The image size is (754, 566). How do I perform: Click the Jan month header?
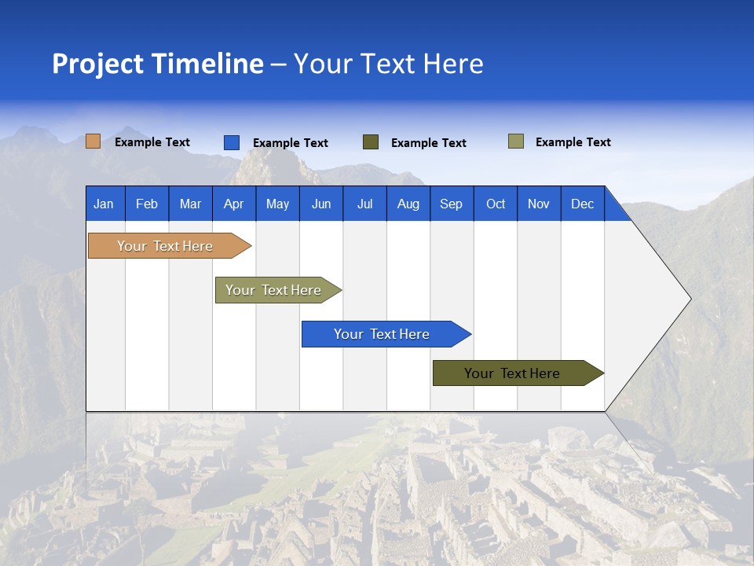pyautogui.click(x=104, y=204)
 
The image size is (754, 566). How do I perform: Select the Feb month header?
pyautogui.click(x=147, y=204)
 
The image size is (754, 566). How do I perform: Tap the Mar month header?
pyautogui.click(x=190, y=204)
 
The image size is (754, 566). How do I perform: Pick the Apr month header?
pyautogui.click(x=233, y=204)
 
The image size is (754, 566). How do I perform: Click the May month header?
pyautogui.click(x=277, y=204)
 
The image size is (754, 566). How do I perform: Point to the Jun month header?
pyautogui.click(x=321, y=204)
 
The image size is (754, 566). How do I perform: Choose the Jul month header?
pyautogui.click(x=364, y=204)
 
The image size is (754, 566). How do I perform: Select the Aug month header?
pyautogui.click(x=408, y=204)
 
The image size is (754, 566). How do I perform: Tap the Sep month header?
pyautogui.click(x=451, y=204)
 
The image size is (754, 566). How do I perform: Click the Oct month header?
pyautogui.click(x=496, y=204)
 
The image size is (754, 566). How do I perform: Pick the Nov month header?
pyautogui.click(x=539, y=204)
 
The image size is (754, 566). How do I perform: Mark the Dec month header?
pyautogui.click(x=582, y=204)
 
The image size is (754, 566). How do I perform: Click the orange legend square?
pyautogui.click(x=93, y=141)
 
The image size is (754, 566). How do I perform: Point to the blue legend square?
pyautogui.click(x=232, y=142)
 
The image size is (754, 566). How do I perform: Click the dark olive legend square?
pyautogui.click(x=371, y=142)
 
